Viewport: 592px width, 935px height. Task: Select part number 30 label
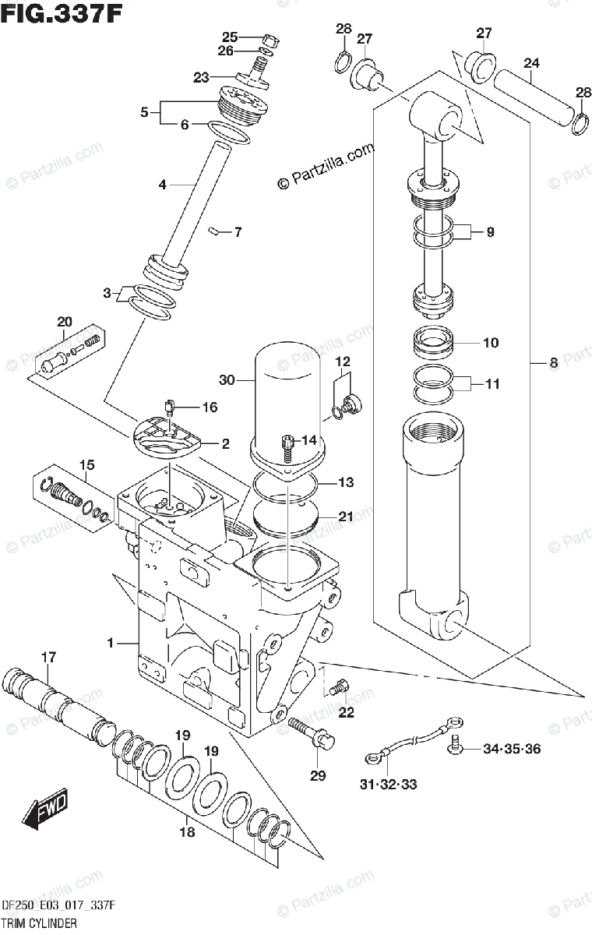pyautogui.click(x=227, y=381)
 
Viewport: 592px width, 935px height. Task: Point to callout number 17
pyautogui.click(x=48, y=658)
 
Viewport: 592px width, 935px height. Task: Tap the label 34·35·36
pyautogui.click(x=510, y=750)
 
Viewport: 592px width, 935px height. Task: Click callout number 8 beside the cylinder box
pyautogui.click(x=554, y=362)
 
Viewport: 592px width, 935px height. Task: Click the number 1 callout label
pyautogui.click(x=111, y=643)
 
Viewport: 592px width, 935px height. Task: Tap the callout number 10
pyautogui.click(x=491, y=343)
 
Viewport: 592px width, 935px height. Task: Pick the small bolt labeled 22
pyautogui.click(x=337, y=688)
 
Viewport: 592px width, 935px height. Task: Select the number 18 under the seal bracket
pyautogui.click(x=185, y=832)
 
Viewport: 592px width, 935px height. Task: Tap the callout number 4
pyautogui.click(x=162, y=185)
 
